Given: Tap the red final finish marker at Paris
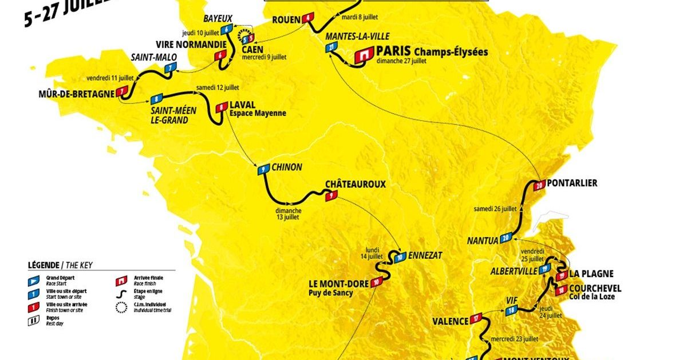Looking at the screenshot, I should pyautogui.click(x=363, y=55).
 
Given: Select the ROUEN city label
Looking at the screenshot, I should pyautogui.click(x=286, y=19).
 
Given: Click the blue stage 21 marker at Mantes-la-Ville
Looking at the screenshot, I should pyautogui.click(x=333, y=49).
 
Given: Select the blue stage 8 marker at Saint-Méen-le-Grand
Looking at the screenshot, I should pyautogui.click(x=156, y=98).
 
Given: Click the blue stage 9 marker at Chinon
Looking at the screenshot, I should pyautogui.click(x=263, y=169).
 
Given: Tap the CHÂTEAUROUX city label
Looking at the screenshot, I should pyautogui.click(x=356, y=184).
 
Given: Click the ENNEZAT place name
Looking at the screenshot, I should pyautogui.click(x=425, y=256).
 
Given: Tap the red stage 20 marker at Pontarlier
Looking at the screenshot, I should pyautogui.click(x=539, y=185).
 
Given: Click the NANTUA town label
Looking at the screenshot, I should pyautogui.click(x=483, y=241).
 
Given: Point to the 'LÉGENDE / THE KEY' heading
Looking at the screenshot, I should pyautogui.click(x=60, y=265).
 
